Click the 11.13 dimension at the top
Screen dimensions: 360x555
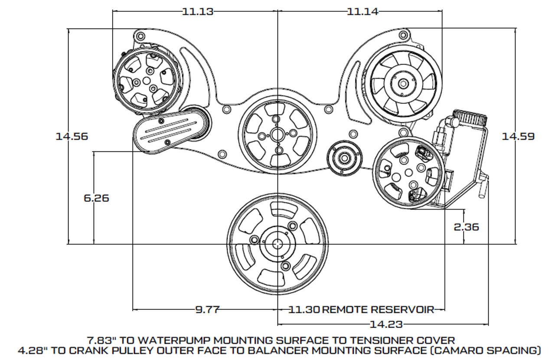(198, 12)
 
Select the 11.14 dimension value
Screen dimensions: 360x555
(362, 12)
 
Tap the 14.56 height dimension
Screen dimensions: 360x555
(72, 136)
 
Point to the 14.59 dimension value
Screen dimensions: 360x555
(518, 136)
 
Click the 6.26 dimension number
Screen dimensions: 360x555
(96, 198)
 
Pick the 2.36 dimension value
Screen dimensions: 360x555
(466, 226)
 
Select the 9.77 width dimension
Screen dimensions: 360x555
(208, 309)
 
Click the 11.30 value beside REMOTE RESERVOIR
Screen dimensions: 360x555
(304, 309)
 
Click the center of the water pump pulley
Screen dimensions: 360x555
(277, 135)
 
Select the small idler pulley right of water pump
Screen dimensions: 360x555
(345, 157)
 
